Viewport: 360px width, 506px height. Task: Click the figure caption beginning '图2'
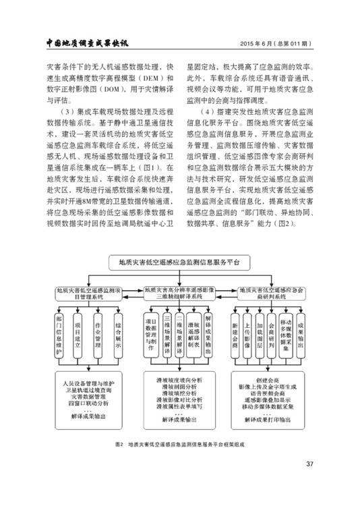(x=179, y=445)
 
